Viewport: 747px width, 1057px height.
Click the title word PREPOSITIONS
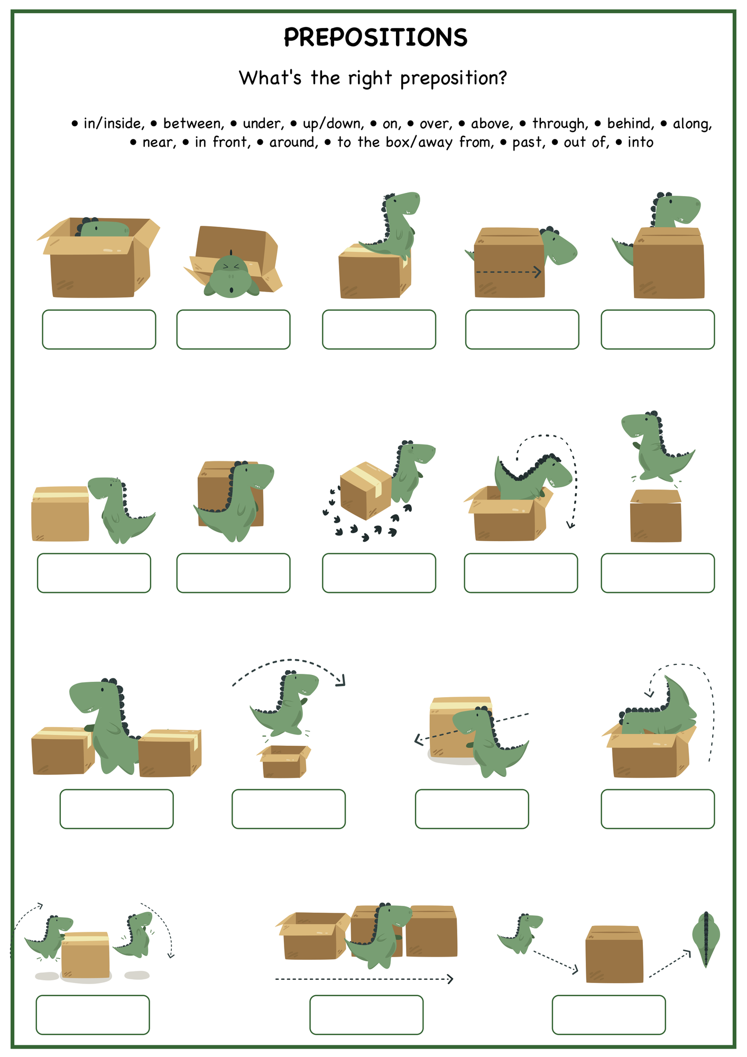click(x=375, y=38)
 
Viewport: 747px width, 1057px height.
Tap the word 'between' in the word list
click(x=193, y=124)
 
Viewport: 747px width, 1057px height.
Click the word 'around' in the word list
click(x=294, y=143)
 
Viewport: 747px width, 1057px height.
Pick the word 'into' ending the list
click(x=641, y=142)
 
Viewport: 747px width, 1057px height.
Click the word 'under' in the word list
click(x=263, y=124)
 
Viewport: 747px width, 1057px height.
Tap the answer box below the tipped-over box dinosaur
click(x=233, y=329)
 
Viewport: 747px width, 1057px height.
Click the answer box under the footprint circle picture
click(x=379, y=573)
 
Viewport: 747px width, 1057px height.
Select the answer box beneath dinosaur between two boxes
click(x=116, y=809)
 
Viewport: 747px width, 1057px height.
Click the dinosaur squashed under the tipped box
click(x=231, y=275)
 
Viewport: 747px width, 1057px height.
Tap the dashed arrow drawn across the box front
click(x=509, y=272)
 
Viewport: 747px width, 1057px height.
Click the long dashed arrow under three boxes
click(x=364, y=979)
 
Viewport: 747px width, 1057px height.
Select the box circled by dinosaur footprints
click(x=366, y=490)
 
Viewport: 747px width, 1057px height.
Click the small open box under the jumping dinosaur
click(x=284, y=761)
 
